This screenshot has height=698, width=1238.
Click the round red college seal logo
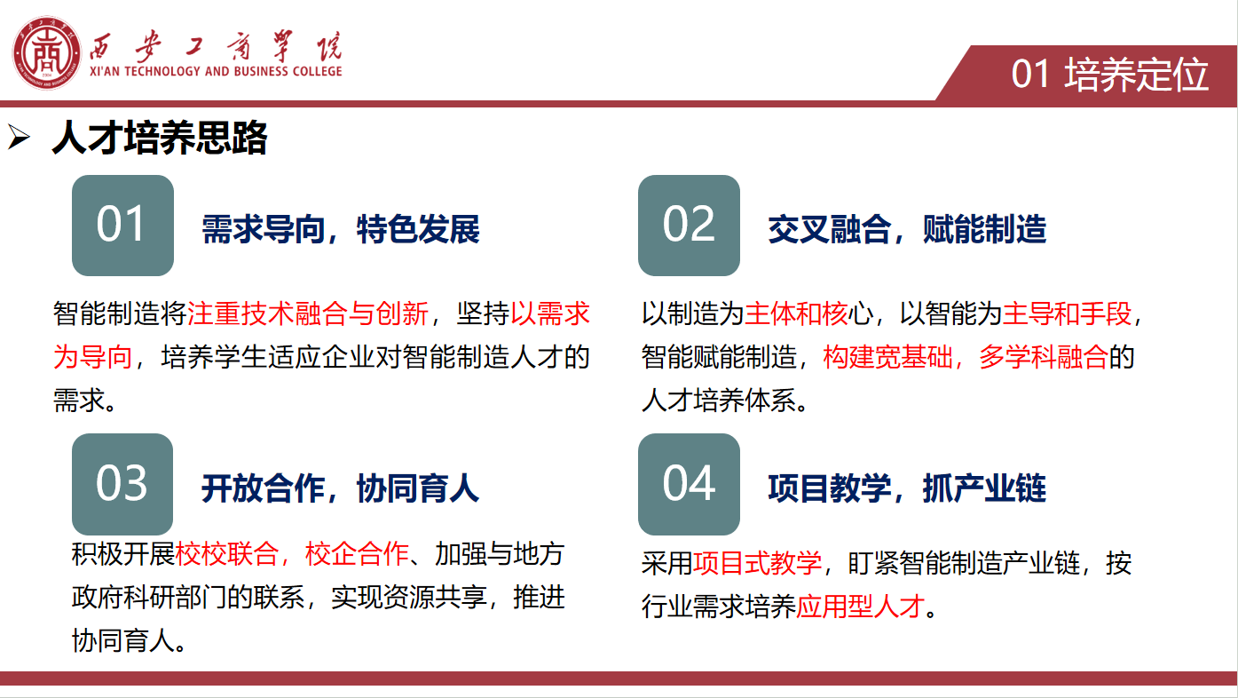[46, 52]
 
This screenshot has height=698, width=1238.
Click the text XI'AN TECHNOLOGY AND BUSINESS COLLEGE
[217, 71]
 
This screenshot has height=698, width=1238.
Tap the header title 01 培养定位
[1110, 74]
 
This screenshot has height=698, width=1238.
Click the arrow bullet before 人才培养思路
[19, 137]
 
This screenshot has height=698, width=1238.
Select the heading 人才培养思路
[160, 137]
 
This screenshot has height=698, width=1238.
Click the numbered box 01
[122, 226]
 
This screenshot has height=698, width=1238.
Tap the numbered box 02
[689, 226]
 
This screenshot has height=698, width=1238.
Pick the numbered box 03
[122, 484]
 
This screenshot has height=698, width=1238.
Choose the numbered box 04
[689, 484]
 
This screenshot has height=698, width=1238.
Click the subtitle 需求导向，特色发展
[341, 229]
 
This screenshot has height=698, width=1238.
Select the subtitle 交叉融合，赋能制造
[907, 229]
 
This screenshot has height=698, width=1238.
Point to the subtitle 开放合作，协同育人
[340, 488]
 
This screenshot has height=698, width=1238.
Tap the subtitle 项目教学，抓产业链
[907, 488]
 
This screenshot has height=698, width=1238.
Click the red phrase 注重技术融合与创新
[308, 313]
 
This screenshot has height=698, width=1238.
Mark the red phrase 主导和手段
[1068, 313]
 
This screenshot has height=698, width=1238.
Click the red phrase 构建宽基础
[887, 357]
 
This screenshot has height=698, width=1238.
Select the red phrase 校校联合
[226, 553]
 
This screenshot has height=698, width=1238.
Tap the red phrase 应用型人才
[861, 607]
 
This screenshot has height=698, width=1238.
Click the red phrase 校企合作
[357, 553]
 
